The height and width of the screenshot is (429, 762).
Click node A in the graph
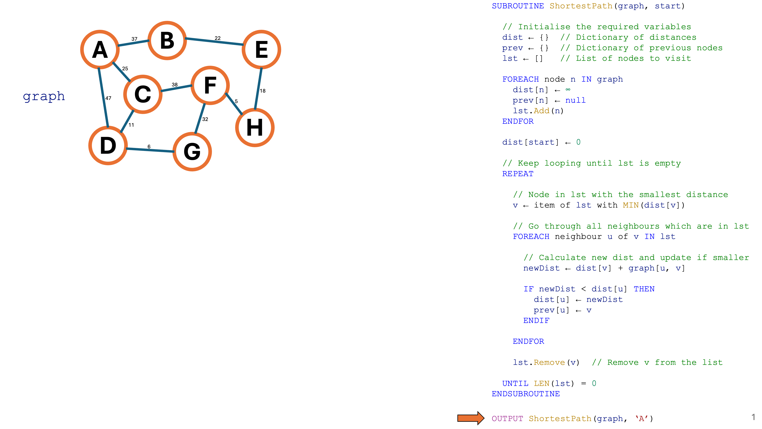(x=100, y=49)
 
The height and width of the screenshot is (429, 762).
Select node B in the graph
(x=167, y=41)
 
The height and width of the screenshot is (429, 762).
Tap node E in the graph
(x=261, y=49)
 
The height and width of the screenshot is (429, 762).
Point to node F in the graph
(x=210, y=85)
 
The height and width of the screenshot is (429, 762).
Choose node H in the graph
(x=255, y=128)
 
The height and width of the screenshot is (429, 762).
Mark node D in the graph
(x=108, y=146)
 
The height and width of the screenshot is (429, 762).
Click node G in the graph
(x=192, y=152)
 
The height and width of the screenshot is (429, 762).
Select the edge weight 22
(x=217, y=38)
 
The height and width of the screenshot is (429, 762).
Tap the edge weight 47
(x=108, y=98)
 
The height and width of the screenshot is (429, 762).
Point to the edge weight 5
(x=236, y=101)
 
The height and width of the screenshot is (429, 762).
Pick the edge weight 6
(x=149, y=147)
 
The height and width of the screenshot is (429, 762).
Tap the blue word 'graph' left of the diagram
(x=44, y=96)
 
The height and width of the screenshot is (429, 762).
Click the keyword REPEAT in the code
(x=518, y=174)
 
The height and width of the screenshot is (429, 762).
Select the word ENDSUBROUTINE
(x=526, y=394)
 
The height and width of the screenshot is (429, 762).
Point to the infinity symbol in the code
(x=568, y=89)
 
